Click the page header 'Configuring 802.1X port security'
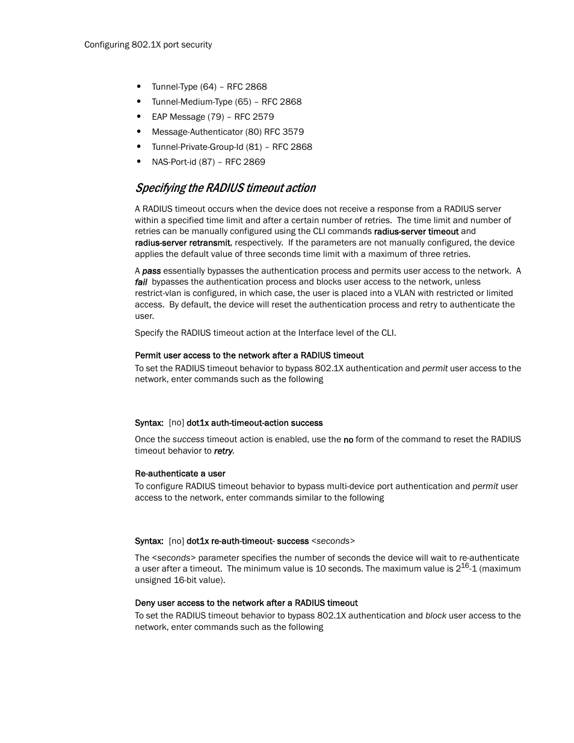[x=148, y=45]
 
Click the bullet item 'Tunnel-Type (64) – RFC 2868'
[x=209, y=87]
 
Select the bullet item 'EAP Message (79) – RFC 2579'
[x=212, y=117]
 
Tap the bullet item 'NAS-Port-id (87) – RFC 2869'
[x=208, y=162]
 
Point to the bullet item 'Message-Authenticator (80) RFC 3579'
[x=227, y=132]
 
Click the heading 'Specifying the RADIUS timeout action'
[x=225, y=188]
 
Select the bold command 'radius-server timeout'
[x=416, y=232]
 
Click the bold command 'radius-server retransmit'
[x=182, y=243]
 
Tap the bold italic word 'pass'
[x=151, y=271]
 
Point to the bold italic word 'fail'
[x=141, y=282]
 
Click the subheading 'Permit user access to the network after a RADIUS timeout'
[x=249, y=356]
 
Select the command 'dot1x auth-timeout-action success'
[x=255, y=423]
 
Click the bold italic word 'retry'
[x=223, y=451]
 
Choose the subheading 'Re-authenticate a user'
[x=180, y=473]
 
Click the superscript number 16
[x=464, y=566]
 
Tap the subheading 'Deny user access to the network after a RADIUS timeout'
[x=246, y=603]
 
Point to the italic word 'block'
[x=436, y=615]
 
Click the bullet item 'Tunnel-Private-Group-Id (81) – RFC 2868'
[x=232, y=147]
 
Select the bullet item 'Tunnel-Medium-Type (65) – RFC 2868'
[x=226, y=102]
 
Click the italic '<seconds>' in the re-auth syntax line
[x=333, y=541]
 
